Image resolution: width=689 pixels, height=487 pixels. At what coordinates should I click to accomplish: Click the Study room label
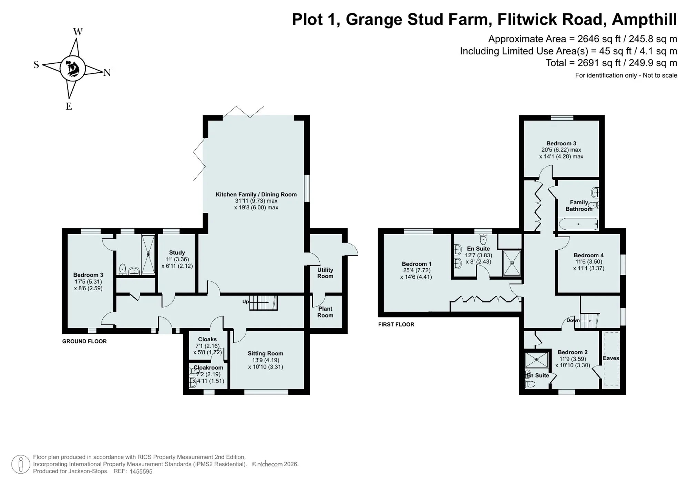point(177,252)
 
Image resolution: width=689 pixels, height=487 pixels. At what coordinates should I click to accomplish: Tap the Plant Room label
point(325,312)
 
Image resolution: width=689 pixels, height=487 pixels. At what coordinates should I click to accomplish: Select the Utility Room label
point(325,273)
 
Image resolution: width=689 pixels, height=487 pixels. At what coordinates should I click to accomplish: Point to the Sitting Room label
point(265,353)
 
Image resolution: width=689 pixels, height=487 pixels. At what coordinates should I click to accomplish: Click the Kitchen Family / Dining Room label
point(256,194)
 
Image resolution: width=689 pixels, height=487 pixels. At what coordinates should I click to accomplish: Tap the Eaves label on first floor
point(611,358)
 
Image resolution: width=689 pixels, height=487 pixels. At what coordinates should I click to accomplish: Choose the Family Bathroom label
point(579,206)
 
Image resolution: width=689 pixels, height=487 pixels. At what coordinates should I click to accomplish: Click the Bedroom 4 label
point(588,255)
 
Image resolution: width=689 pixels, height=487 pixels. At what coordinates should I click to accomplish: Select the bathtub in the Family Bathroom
point(578,224)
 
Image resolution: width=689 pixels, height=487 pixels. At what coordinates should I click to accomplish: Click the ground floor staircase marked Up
point(263,303)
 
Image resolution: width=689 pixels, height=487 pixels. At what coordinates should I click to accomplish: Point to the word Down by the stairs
point(573,320)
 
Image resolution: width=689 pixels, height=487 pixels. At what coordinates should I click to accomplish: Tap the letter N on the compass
point(107,72)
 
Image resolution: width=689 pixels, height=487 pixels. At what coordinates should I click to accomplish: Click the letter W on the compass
point(78,32)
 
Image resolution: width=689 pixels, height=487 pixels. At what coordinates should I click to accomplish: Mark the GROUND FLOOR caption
point(84,341)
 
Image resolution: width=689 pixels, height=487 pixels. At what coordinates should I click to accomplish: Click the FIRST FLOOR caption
point(396,324)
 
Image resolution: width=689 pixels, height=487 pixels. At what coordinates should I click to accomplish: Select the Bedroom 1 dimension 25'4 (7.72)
point(417,270)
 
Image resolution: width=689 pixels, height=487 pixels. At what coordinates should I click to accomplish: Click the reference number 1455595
point(141,472)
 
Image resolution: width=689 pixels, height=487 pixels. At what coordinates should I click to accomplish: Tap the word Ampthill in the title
point(644,20)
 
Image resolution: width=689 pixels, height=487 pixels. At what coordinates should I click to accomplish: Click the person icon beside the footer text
point(21,464)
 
